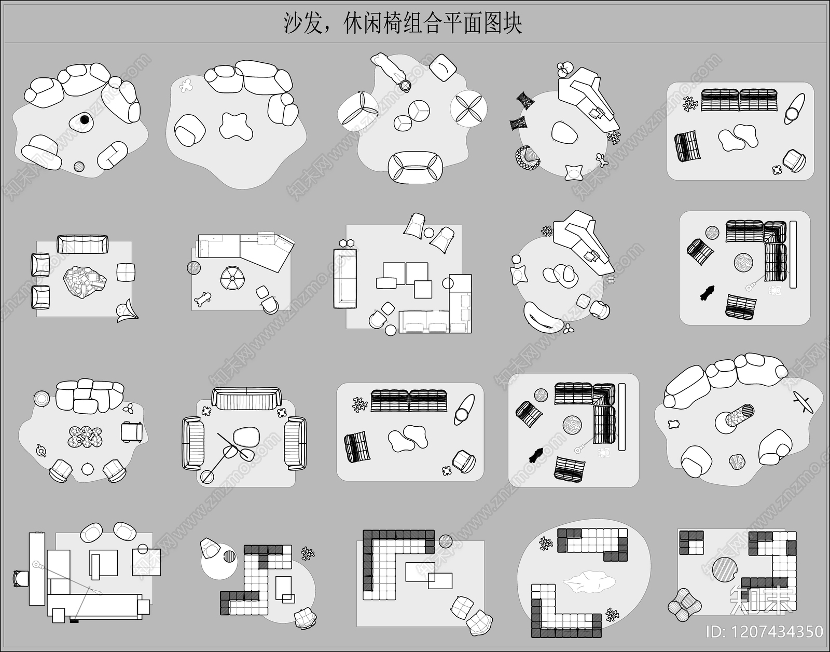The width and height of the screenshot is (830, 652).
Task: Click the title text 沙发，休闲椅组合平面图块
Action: (402, 23)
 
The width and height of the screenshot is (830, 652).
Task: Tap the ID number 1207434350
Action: (765, 631)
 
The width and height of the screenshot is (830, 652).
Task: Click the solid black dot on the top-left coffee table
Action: (85, 120)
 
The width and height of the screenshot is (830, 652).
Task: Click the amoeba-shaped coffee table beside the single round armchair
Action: (236, 126)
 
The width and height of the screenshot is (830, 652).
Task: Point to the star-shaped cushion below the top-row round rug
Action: (573, 172)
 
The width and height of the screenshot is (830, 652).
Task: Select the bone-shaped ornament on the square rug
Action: (202, 299)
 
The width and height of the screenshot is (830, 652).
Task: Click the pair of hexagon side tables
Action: (347, 242)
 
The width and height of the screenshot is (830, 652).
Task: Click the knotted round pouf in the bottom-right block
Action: (684, 605)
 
